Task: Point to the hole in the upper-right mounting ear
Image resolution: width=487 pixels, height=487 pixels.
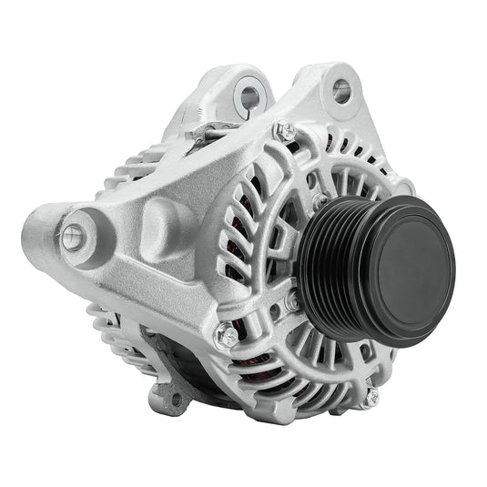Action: click(341, 89)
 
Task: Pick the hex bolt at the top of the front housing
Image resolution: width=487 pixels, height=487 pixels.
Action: click(285, 131)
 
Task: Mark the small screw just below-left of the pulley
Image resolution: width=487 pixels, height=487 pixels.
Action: click(292, 299)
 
